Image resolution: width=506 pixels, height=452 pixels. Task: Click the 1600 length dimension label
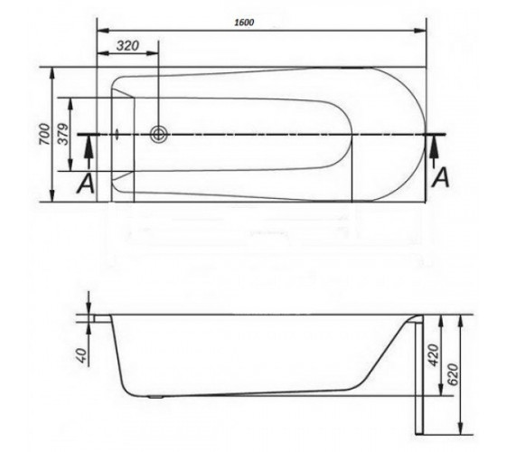[x=244, y=23]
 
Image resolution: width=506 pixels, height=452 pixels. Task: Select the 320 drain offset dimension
[x=127, y=46]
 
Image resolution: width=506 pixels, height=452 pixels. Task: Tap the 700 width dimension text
[x=45, y=134]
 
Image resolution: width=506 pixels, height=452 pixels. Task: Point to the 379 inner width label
[x=63, y=134]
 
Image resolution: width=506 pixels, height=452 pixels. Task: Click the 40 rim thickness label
[x=82, y=355]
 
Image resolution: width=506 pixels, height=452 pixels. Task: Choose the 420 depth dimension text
[x=434, y=355]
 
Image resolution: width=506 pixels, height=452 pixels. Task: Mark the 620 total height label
[x=453, y=374]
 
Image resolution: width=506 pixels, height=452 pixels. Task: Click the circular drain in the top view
[x=159, y=134]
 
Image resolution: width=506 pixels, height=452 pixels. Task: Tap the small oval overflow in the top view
[x=117, y=135]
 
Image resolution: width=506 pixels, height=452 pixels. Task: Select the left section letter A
[x=86, y=184]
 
